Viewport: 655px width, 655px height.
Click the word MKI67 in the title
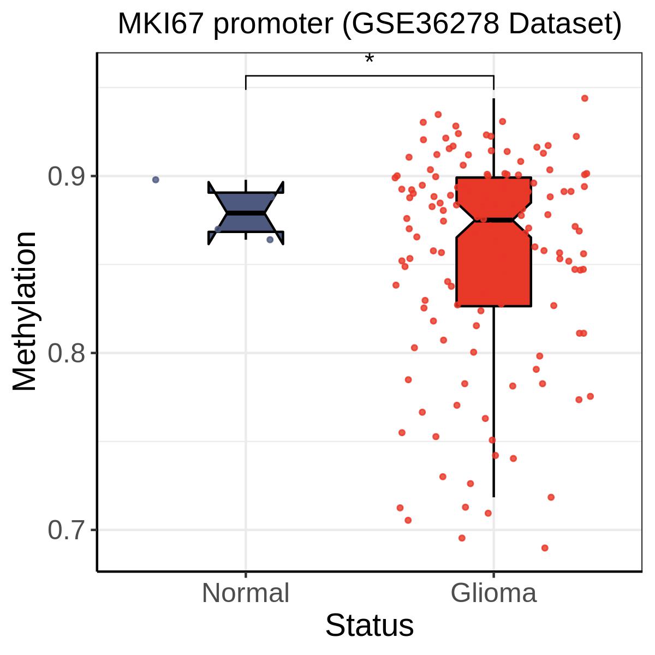click(x=161, y=24)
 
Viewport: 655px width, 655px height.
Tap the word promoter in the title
click(x=273, y=26)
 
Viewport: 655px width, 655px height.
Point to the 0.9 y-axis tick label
click(x=66, y=176)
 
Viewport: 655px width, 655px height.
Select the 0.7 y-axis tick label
click(x=66, y=530)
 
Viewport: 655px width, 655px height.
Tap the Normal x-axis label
click(x=246, y=593)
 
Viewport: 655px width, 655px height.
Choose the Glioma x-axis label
click(x=493, y=593)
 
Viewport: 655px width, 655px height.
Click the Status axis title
click(x=370, y=626)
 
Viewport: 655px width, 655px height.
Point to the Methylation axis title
click(x=25, y=311)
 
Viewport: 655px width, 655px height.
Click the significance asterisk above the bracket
click(x=369, y=59)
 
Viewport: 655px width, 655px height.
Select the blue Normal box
click(x=246, y=213)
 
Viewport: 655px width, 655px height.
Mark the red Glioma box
click(x=493, y=242)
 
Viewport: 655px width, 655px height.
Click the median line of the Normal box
click(x=246, y=213)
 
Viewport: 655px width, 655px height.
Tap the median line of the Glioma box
click(x=493, y=220)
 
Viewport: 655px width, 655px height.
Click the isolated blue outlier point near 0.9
click(x=156, y=180)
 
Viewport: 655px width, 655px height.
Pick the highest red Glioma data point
click(x=585, y=98)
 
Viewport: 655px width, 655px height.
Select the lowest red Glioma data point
click(x=545, y=548)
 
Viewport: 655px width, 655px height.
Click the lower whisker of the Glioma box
click(x=493, y=402)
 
